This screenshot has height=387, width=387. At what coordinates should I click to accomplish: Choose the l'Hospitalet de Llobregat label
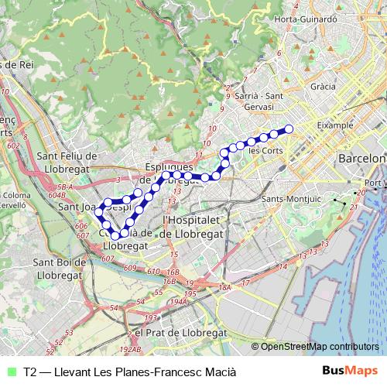pos(193,226)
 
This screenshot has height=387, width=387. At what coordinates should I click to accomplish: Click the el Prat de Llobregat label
pos(180,331)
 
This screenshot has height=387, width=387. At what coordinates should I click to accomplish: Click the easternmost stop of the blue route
pos(289,128)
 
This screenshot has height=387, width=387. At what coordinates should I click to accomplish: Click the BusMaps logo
pos(351,371)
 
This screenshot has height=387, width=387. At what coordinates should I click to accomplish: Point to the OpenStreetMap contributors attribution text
pos(320,347)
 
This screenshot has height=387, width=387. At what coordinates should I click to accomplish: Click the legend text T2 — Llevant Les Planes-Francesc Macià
pos(129,372)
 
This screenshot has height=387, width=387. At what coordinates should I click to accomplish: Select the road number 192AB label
pos(132,350)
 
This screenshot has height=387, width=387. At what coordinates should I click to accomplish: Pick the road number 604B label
pos(57,197)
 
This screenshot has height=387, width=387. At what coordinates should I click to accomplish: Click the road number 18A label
pos(225,287)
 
